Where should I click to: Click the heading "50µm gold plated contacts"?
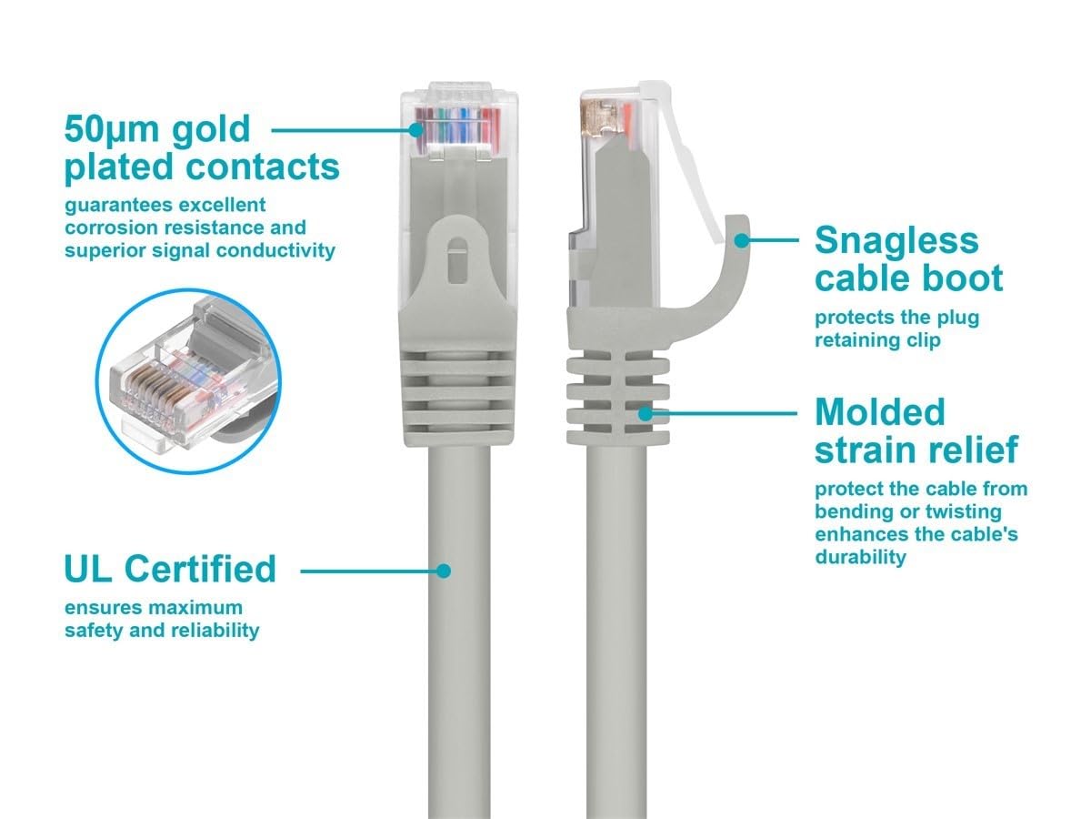click(201, 148)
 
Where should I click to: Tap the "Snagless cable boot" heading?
click(908, 259)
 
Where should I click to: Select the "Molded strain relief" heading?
click(916, 430)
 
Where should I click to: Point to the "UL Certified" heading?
click(170, 569)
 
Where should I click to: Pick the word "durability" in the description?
click(860, 557)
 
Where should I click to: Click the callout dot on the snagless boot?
click(743, 240)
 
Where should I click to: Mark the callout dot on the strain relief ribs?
click(646, 412)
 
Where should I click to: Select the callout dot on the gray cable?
click(443, 571)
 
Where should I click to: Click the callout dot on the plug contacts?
click(416, 129)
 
